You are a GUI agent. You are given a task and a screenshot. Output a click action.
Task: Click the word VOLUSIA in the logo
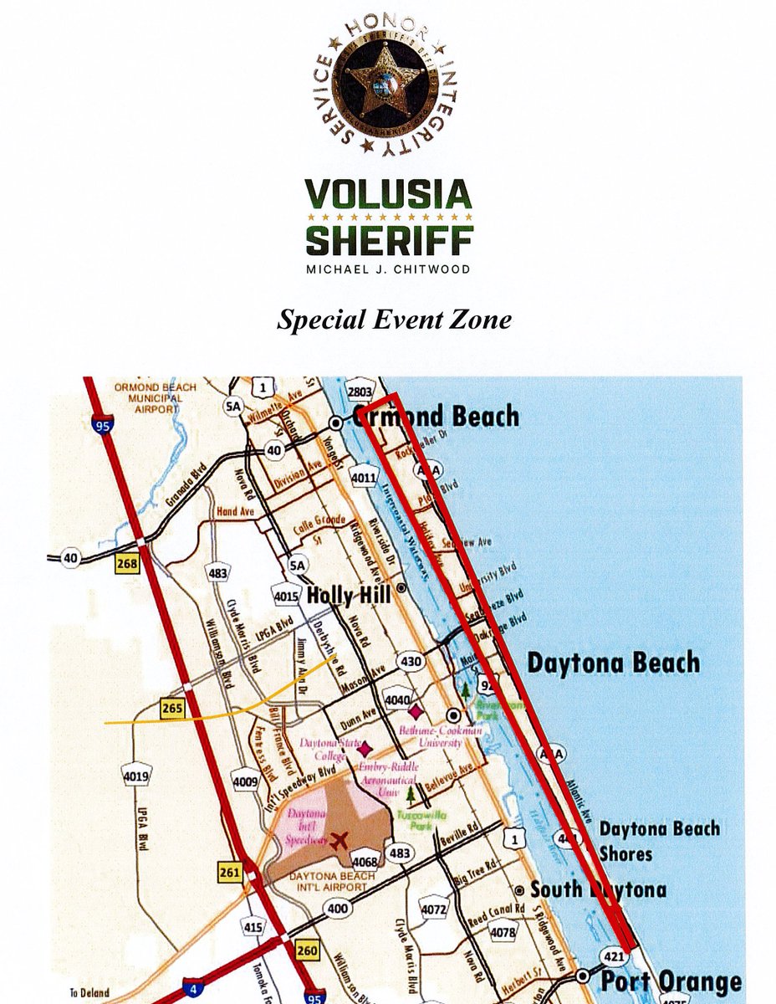(388, 195)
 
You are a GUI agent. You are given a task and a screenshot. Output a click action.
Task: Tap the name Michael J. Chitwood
(388, 269)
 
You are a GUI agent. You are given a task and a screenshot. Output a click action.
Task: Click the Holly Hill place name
(350, 597)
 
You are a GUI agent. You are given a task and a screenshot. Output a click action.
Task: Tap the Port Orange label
(671, 981)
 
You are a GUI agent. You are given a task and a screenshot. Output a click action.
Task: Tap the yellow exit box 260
(307, 950)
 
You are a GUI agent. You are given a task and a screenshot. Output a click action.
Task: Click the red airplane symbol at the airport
(339, 840)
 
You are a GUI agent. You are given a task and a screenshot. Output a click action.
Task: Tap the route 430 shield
(412, 661)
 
